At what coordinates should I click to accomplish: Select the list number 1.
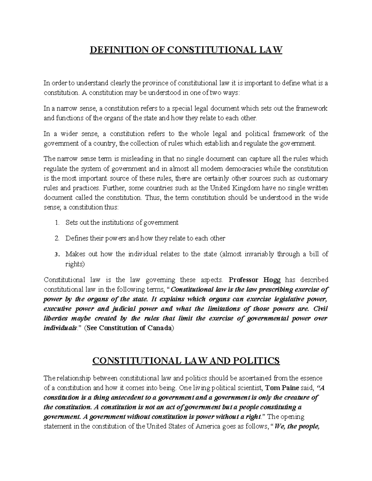56,222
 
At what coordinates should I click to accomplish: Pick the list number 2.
56,238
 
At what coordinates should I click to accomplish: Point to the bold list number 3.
56,255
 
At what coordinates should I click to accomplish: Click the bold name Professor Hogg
255,280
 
